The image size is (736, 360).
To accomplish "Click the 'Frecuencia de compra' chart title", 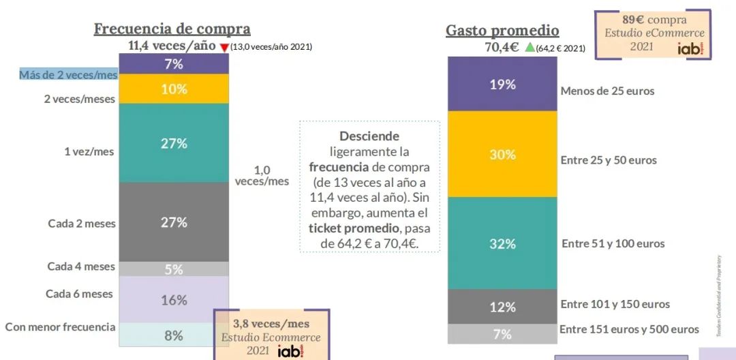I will (172, 29).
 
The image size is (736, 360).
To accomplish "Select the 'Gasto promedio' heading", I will (502, 31).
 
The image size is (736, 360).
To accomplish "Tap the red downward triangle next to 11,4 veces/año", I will (224, 47).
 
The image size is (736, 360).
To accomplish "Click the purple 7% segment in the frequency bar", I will (174, 64).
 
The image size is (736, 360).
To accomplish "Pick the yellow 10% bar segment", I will (174, 89).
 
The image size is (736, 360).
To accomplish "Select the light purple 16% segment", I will (174, 300).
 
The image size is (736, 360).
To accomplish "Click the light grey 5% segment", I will (174, 269).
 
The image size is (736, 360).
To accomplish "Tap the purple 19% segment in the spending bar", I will (502, 85).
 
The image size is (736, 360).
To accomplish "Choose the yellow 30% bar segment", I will (502, 155).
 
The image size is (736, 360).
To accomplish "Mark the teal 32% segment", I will (502, 243).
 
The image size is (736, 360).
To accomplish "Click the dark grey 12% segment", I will (502, 307).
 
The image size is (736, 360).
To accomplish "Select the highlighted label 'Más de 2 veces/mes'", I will (68, 75).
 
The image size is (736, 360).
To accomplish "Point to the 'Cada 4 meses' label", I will (81, 267).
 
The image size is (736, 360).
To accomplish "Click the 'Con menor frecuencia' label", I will (60, 327).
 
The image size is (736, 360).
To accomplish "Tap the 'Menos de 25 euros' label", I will (607, 91).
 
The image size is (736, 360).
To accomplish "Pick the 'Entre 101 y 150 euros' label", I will (615, 304).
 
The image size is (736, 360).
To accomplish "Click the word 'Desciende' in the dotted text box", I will (369, 136).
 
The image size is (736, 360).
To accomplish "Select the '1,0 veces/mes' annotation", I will (262, 175).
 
